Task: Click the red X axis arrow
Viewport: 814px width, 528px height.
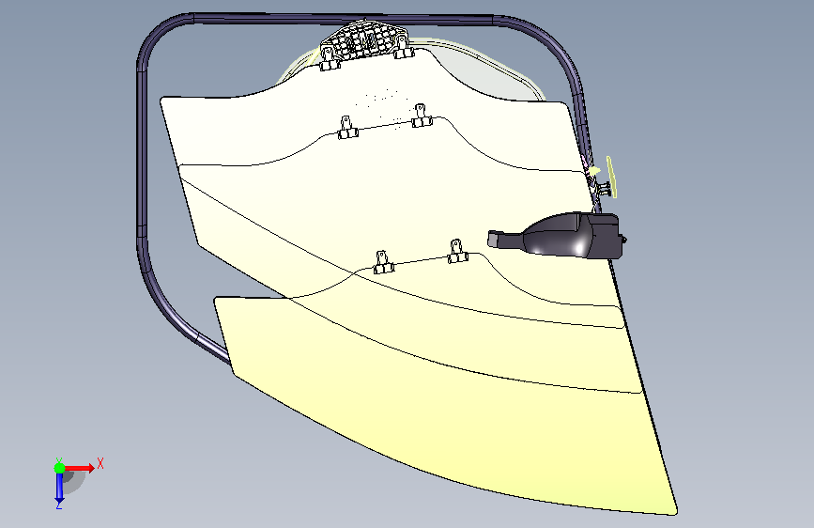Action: [78, 468]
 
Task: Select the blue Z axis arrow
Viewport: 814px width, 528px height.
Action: [59, 487]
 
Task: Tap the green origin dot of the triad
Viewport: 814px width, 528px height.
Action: [59, 468]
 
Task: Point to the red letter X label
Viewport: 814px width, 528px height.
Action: [100, 463]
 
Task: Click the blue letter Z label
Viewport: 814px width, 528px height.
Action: [59, 505]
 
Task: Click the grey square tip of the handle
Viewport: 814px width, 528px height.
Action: [493, 239]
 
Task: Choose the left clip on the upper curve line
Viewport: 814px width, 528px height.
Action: [346, 129]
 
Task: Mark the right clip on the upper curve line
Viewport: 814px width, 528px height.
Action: [421, 116]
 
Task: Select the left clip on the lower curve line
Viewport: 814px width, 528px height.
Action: [383, 262]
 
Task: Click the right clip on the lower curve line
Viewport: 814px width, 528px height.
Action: [457, 252]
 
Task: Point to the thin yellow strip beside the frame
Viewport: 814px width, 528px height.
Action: [611, 177]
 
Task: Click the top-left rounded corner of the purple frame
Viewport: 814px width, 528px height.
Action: [156, 34]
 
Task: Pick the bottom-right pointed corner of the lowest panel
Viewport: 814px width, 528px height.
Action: [676, 514]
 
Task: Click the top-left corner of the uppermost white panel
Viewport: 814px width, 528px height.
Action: [162, 99]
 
